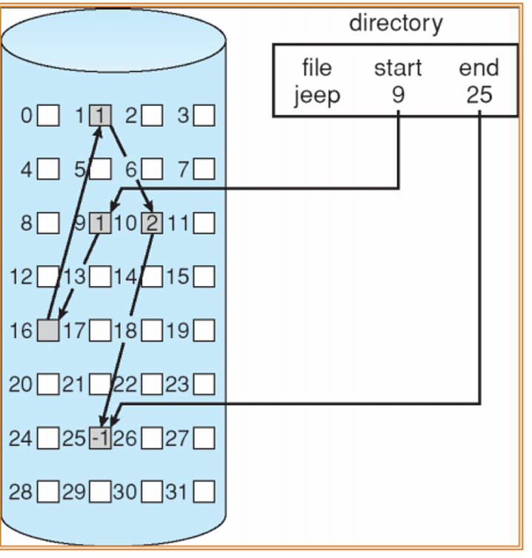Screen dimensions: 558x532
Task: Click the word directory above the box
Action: pos(396,23)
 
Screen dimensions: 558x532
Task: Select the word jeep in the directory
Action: pos(316,96)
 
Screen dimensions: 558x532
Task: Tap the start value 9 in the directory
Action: pos(399,96)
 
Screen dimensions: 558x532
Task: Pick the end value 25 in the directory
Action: pos(479,96)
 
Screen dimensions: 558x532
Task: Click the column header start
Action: pos(399,69)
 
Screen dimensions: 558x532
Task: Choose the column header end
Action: pos(479,69)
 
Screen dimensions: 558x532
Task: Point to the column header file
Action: pos(316,69)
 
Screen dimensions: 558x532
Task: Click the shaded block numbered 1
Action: pos(101,116)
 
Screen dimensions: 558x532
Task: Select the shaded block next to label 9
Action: pos(101,223)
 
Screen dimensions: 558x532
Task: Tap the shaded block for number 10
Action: pos(152,223)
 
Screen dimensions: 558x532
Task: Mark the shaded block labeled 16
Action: pos(48,331)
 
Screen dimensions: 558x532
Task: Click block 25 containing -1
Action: pos(100,438)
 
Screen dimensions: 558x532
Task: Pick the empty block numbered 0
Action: pos(48,116)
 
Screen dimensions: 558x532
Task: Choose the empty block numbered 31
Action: pos(204,491)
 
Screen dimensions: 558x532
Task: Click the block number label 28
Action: pos(21,491)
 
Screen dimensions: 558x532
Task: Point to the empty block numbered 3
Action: pos(204,116)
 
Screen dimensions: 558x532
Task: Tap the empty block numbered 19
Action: pos(204,331)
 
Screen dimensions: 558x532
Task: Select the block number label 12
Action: pos(21,277)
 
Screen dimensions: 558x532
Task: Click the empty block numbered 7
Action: pos(204,170)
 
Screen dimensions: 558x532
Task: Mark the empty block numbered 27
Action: pos(204,438)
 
